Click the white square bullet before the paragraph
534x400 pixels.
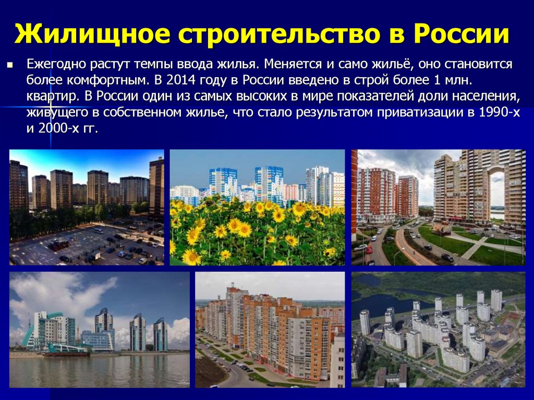click(x=9, y=64)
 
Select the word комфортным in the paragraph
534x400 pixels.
click(x=108, y=81)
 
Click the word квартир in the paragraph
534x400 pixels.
click(x=53, y=97)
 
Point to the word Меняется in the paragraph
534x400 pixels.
click(x=294, y=64)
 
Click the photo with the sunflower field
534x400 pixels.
click(x=257, y=208)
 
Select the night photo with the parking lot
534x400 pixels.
click(x=87, y=208)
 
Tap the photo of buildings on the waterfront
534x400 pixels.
click(x=99, y=330)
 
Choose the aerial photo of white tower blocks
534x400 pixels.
click(x=438, y=330)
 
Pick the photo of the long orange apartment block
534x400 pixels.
click(x=270, y=330)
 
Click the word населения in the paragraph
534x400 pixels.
click(x=487, y=97)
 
